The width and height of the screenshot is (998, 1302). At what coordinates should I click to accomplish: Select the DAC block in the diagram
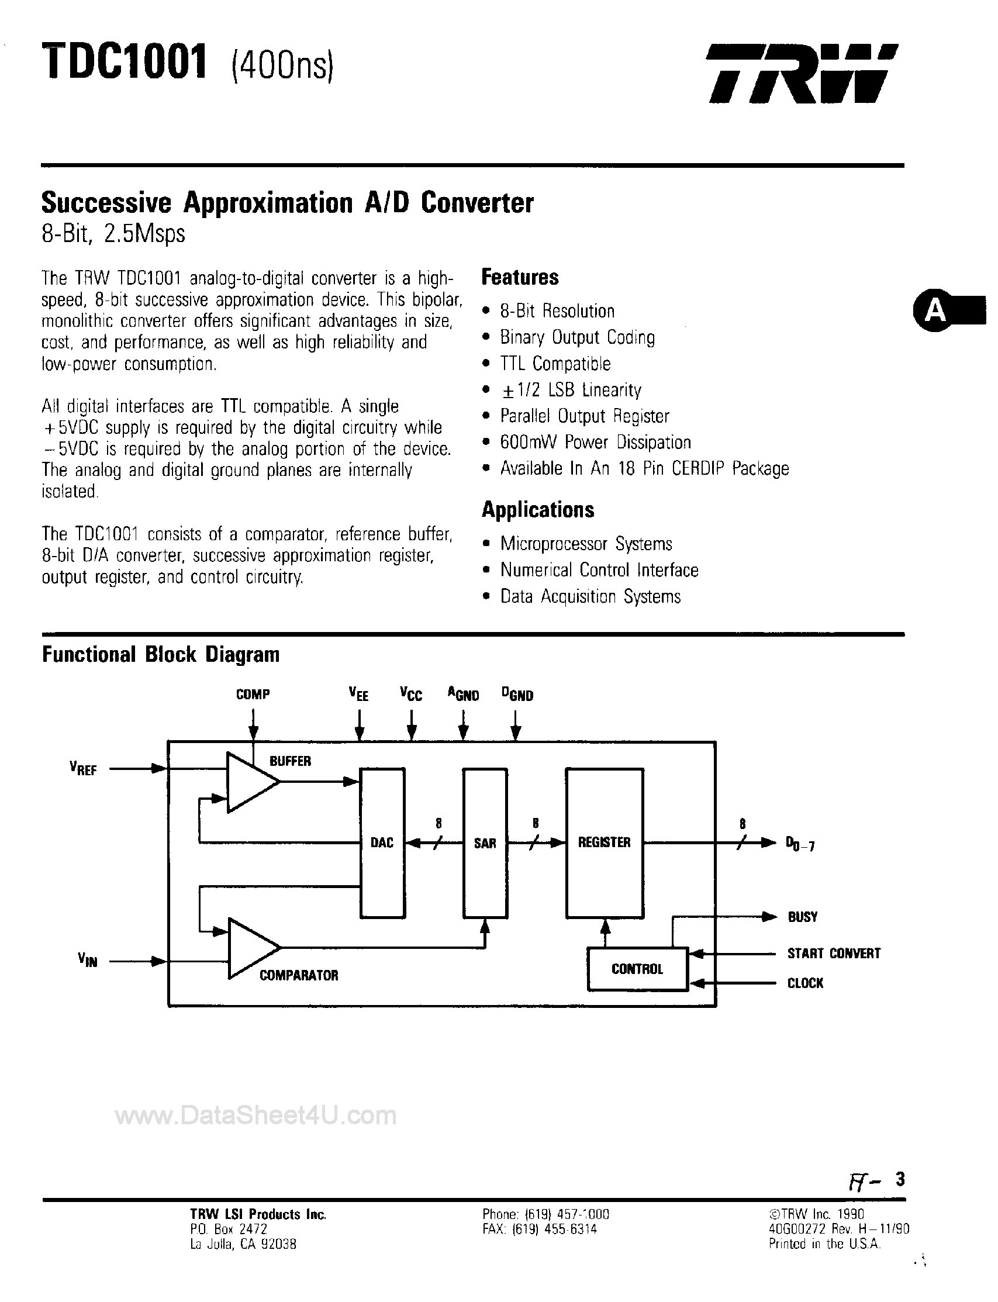[382, 843]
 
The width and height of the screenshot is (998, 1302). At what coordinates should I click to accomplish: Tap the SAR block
[485, 843]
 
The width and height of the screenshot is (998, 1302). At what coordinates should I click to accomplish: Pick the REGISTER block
[604, 842]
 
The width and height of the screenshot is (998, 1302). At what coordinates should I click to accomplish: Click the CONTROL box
[637, 969]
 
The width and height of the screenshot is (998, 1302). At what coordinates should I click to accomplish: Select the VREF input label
[83, 769]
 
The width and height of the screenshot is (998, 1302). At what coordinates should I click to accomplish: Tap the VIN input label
[87, 960]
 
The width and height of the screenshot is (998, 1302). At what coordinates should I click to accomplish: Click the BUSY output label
[803, 917]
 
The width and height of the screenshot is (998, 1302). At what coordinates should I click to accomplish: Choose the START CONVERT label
[834, 954]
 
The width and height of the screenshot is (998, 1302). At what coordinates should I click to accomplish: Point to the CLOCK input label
[805, 983]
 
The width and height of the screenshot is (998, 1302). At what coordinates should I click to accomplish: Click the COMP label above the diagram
[253, 695]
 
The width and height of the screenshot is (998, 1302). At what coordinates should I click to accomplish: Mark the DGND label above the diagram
[517, 695]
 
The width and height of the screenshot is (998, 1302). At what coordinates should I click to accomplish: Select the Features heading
[520, 277]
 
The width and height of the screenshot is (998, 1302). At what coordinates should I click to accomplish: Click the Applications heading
[538, 510]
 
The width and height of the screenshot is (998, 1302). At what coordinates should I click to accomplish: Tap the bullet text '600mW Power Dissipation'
[595, 443]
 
